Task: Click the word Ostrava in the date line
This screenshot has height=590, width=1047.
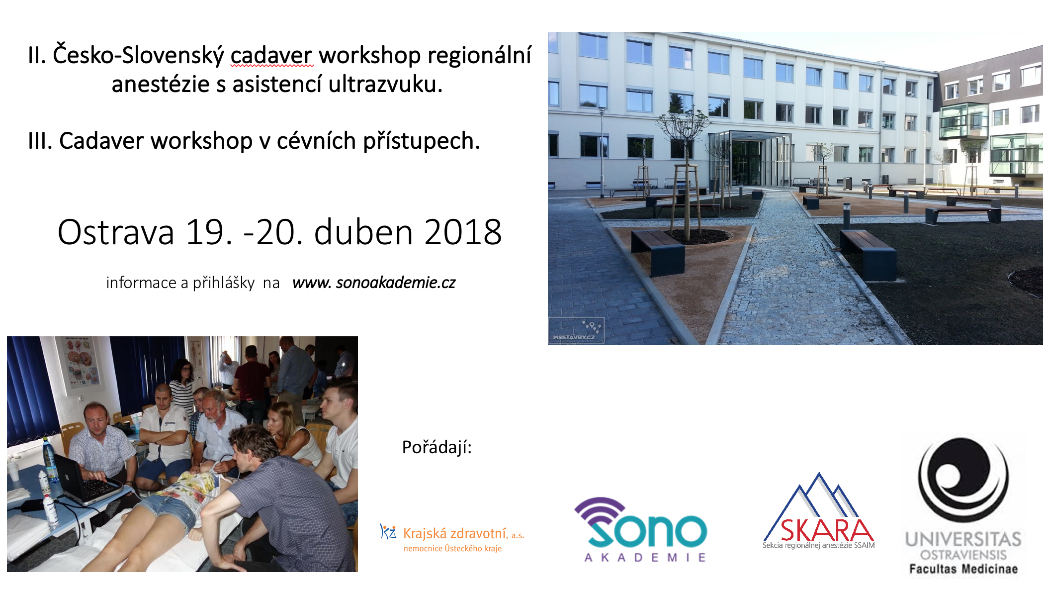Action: pyautogui.click(x=116, y=232)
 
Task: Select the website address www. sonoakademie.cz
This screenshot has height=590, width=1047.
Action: pyautogui.click(x=374, y=283)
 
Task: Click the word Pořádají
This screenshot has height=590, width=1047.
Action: pyautogui.click(x=436, y=447)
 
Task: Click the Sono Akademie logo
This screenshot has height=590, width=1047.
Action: pyautogui.click(x=641, y=529)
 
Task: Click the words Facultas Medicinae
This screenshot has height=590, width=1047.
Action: pyautogui.click(x=963, y=569)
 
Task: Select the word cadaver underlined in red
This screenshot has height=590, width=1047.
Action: pyautogui.click(x=271, y=55)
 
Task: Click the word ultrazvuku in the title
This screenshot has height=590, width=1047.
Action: pyautogui.click(x=385, y=84)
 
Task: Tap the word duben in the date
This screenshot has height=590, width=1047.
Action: pyautogui.click(x=363, y=232)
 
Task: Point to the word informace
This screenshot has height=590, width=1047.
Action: pyautogui.click(x=141, y=283)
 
